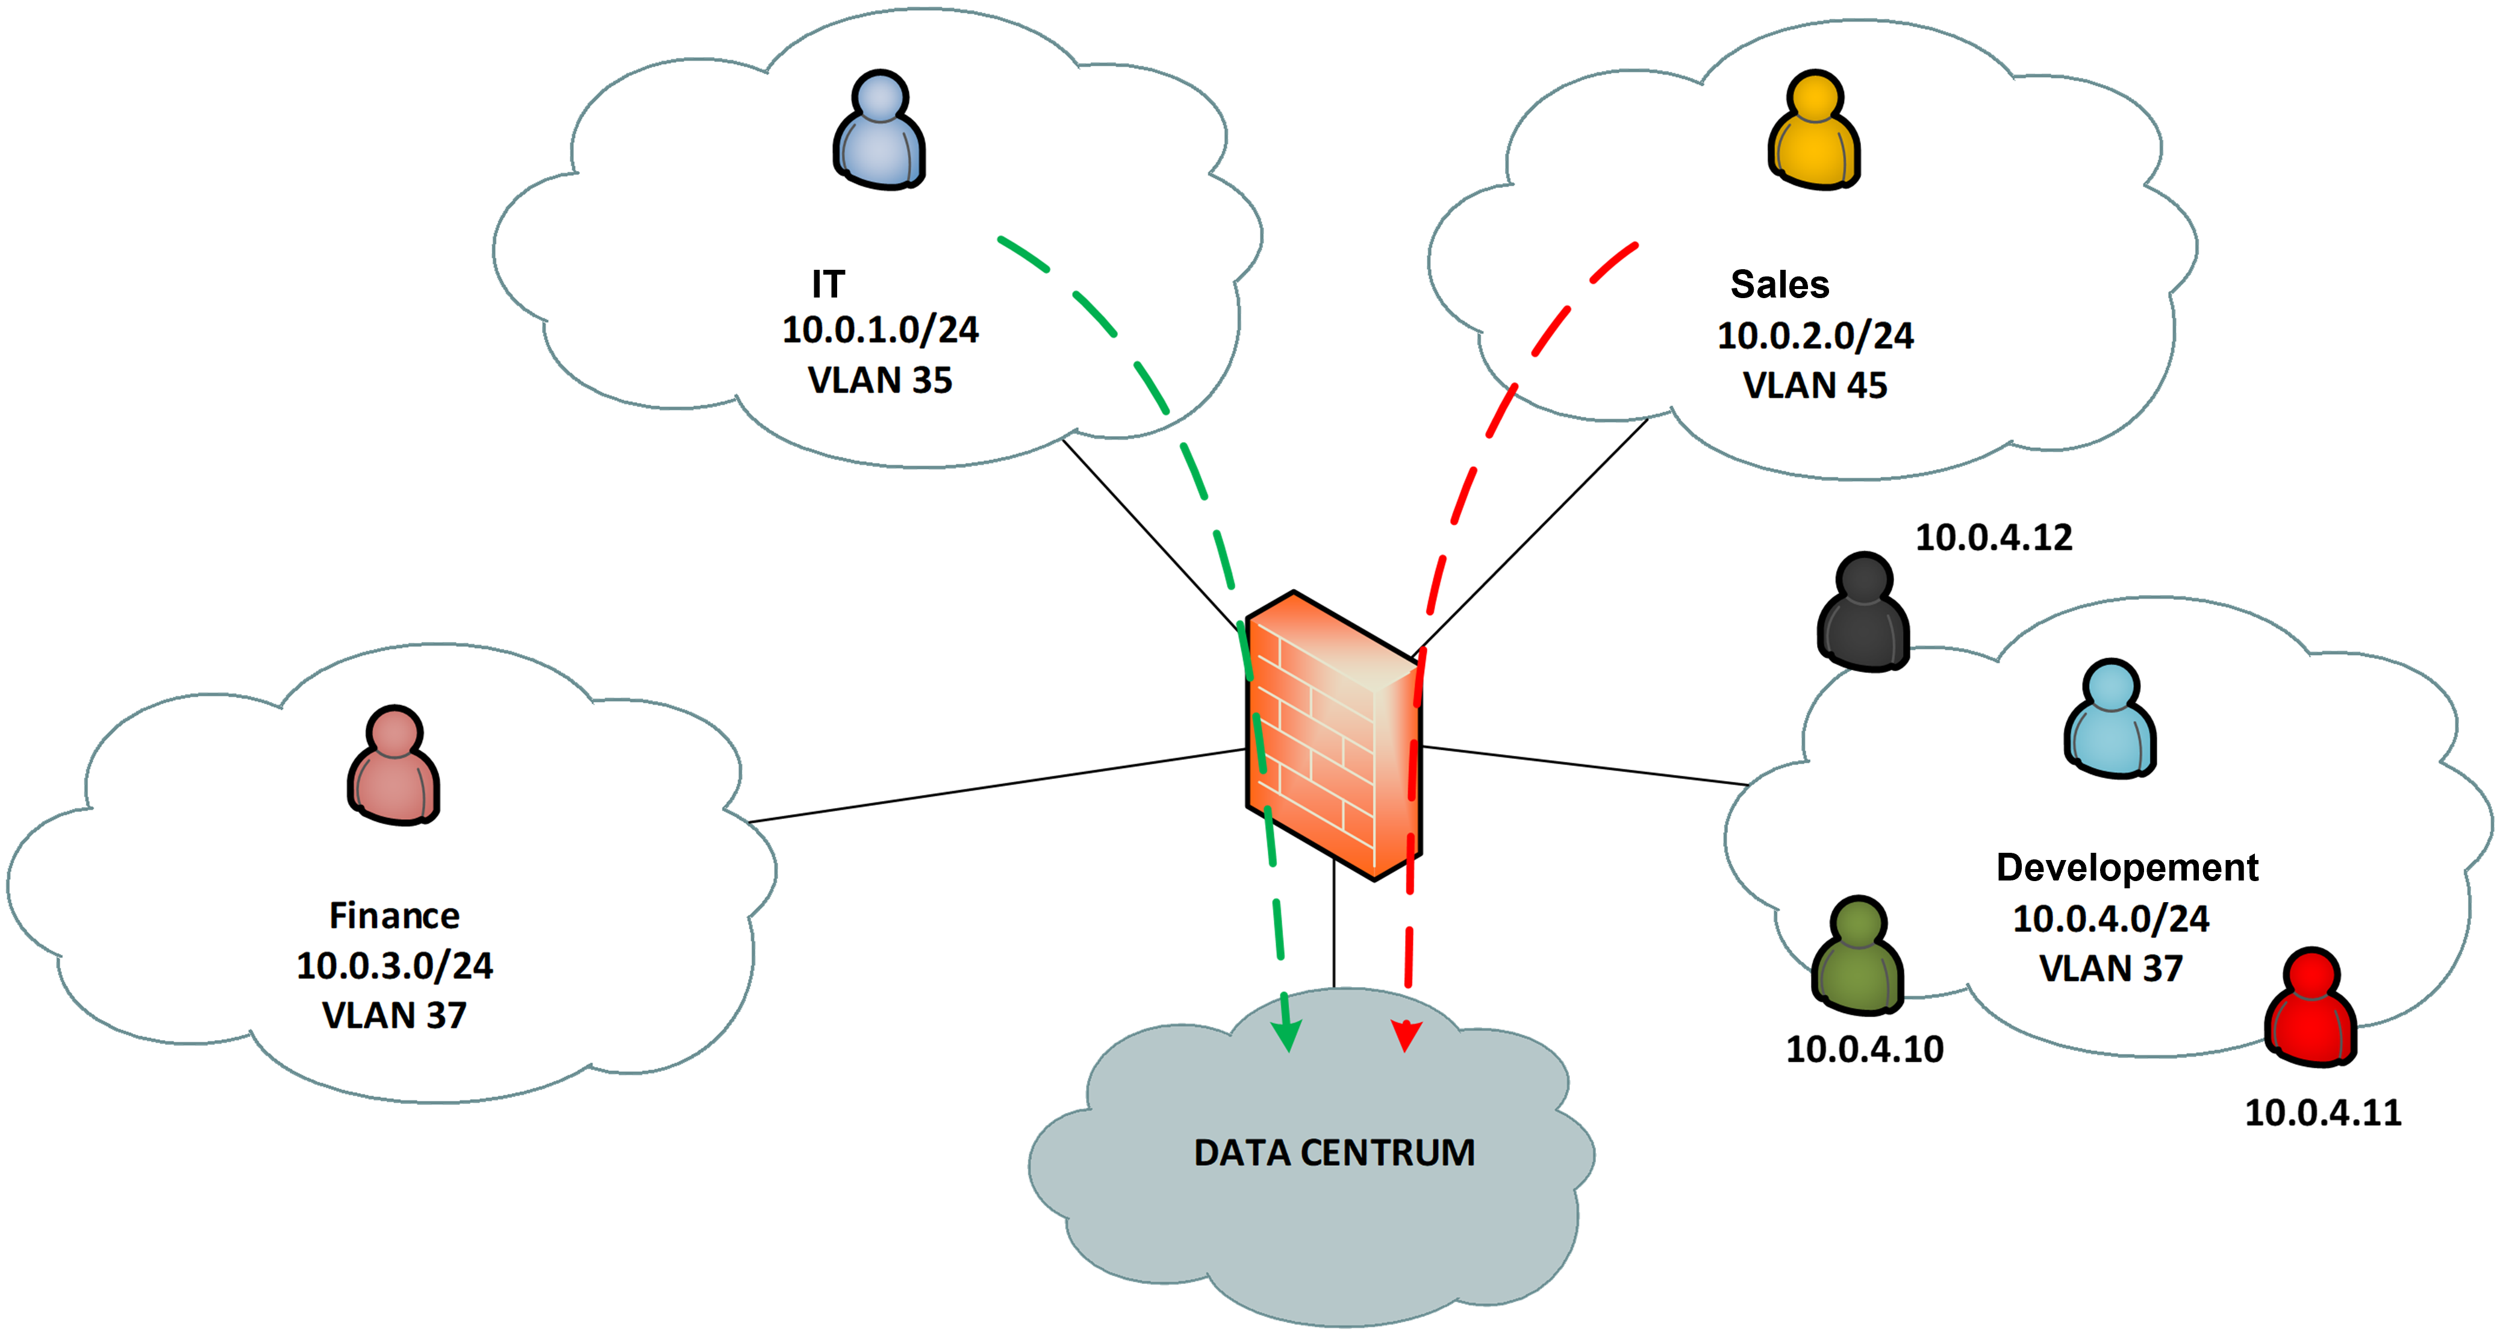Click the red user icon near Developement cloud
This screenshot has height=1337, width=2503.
click(x=2311, y=1006)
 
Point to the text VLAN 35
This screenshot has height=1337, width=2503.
click(x=881, y=380)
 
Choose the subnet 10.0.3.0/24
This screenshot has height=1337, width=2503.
click(x=394, y=966)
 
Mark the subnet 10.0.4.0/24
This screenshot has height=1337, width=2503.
click(x=2110, y=919)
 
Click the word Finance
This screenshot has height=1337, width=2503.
click(x=394, y=915)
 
